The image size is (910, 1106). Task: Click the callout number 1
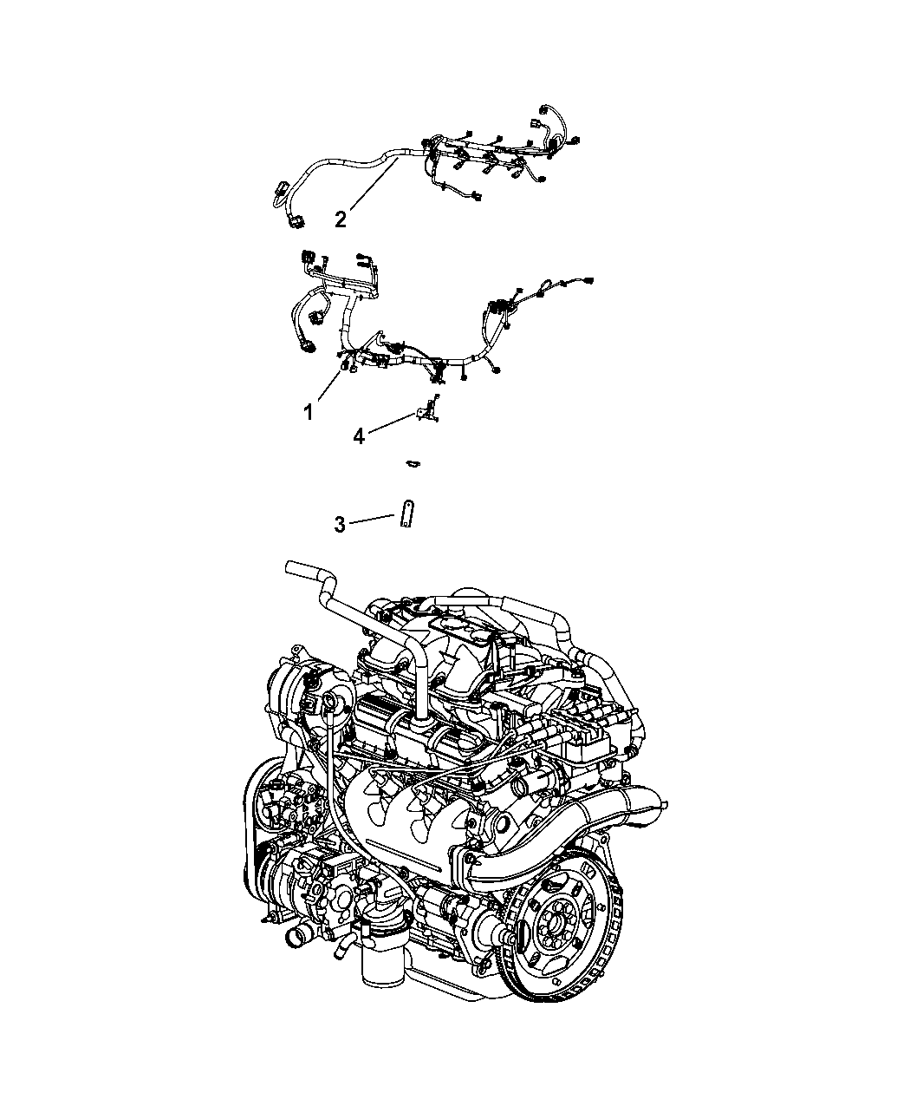(309, 411)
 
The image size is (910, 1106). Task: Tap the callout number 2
(341, 219)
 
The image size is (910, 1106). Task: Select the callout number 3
(340, 525)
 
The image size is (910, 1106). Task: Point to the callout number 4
(359, 437)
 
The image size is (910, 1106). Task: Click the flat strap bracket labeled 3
(407, 514)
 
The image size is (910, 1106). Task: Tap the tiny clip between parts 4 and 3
(413, 464)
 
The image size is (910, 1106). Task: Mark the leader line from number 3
(372, 519)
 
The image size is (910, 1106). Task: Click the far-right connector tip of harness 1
(588, 280)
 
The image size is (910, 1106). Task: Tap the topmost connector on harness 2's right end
(544, 109)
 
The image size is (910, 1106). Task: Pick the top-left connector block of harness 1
(307, 257)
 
